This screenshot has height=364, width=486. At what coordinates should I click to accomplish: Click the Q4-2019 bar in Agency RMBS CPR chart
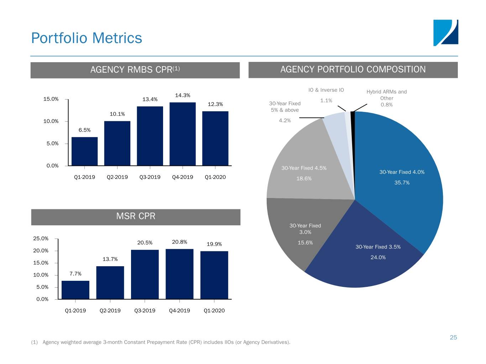coord(183,134)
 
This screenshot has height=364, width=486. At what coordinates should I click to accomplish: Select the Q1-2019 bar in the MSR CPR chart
coord(75,290)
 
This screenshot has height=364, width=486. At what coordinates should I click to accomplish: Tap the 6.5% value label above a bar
coord(85,130)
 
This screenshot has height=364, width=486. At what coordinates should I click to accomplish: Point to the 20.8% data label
coord(179,242)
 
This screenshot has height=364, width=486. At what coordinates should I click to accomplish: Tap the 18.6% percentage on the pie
coord(304,178)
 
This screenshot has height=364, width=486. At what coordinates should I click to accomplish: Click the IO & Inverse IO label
coord(326,90)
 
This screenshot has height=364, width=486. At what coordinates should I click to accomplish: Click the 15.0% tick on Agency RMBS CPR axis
coord(51,99)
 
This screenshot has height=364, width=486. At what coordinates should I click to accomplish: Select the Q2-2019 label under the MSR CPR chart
coord(110,311)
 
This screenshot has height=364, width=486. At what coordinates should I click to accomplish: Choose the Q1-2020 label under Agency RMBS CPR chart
coord(215,177)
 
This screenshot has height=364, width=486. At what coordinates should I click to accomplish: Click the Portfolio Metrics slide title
coord(87,38)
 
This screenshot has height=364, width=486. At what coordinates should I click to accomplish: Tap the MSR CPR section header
coord(136,216)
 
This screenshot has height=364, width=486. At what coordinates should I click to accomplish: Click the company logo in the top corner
coord(445,33)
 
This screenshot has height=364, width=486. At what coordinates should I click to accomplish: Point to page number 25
coord(453,337)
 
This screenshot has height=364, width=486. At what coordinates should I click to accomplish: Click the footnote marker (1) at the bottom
coord(35,342)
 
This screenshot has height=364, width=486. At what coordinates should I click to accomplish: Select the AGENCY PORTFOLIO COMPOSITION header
coord(353,69)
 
